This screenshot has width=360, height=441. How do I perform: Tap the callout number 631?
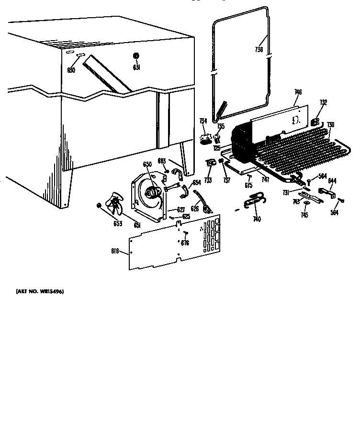(x=136, y=67)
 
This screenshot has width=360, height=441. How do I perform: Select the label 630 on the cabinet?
(x=71, y=70)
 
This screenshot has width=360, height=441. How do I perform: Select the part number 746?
(x=298, y=92)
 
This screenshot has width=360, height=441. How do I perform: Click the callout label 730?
(x=330, y=125)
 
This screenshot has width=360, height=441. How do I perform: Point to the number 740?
(x=257, y=219)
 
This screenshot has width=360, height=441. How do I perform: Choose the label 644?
(x=332, y=180)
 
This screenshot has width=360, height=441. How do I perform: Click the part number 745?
(x=304, y=215)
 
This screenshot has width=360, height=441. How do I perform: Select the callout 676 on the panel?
(x=185, y=243)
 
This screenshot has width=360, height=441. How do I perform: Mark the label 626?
(x=195, y=209)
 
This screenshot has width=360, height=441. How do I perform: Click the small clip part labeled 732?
(x=315, y=122)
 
